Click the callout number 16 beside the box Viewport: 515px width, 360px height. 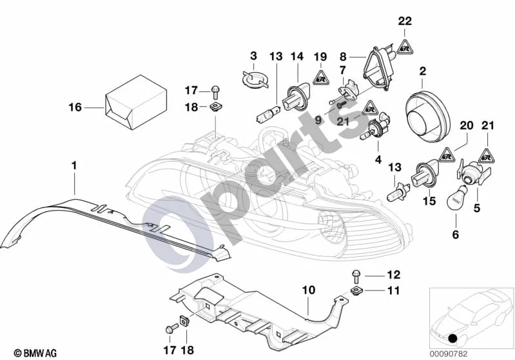(x=75, y=107)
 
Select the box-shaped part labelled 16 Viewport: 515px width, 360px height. (x=135, y=102)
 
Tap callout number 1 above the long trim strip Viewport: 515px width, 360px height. (x=74, y=166)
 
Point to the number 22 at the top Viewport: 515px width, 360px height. (x=405, y=21)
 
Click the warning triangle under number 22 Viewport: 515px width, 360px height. (x=405, y=46)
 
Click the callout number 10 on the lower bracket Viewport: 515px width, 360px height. (x=308, y=290)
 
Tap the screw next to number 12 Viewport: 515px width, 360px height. (x=356, y=277)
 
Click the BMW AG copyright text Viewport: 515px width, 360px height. (x=35, y=353)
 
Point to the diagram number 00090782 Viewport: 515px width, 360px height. (x=448, y=354)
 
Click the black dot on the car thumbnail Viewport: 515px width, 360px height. (x=454, y=338)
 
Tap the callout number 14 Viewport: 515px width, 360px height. (x=297, y=57)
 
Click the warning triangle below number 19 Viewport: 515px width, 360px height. (x=320, y=78)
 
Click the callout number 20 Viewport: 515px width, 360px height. (x=467, y=126)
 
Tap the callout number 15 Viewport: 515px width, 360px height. (x=429, y=200)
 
